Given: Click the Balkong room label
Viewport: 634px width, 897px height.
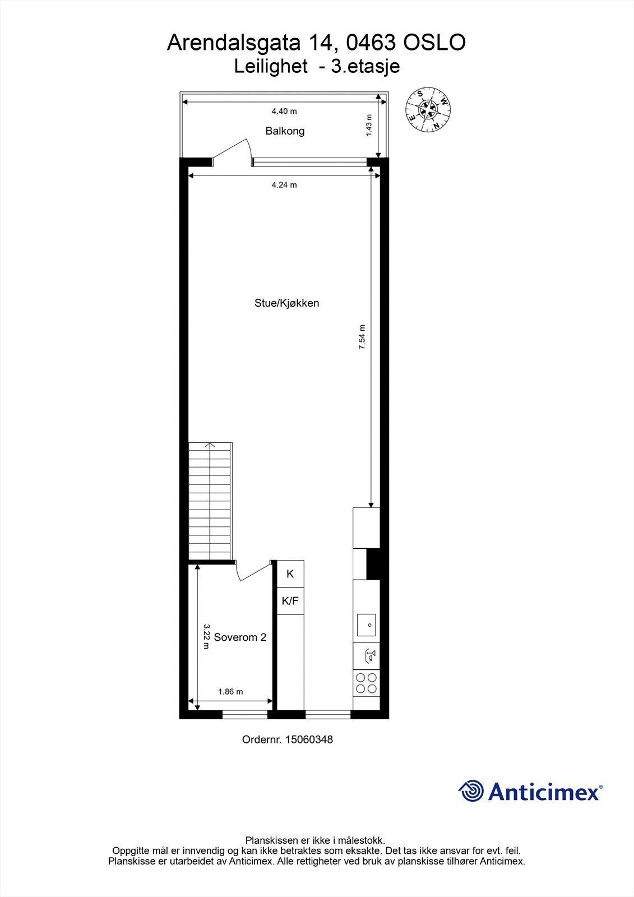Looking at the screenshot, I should point(285,131).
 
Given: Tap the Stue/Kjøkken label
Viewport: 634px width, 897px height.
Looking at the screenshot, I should point(286,303).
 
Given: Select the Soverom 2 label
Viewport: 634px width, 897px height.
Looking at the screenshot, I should point(240,637).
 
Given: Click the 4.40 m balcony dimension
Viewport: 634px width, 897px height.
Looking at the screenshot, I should point(284,112).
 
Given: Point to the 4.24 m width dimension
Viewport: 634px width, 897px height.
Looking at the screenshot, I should point(284,185).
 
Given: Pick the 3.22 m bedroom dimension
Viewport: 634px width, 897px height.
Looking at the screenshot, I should point(206,637).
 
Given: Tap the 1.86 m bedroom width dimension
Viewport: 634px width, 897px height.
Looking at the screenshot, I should point(230,692).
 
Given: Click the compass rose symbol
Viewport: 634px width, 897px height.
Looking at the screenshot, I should point(428,110).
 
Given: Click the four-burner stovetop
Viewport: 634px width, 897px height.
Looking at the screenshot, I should point(366,683).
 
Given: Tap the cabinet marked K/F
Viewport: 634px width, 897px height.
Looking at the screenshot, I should point(290,601).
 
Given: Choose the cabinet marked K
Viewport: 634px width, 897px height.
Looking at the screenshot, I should point(290,574).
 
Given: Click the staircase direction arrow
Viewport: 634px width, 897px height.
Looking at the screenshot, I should point(210,446).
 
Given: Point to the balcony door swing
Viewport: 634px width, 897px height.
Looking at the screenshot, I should point(235,151).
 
